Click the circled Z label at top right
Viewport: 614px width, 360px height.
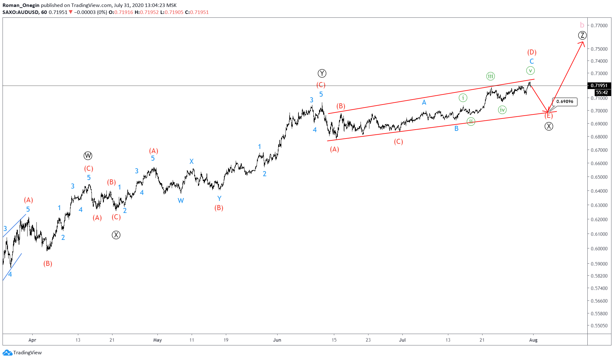582,35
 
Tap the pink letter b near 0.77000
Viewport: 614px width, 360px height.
582,25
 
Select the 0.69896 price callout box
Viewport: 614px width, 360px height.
565,102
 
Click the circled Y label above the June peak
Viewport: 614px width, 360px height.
322,74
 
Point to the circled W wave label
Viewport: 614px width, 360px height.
88,156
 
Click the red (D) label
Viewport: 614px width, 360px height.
532,52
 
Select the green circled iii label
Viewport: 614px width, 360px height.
490,76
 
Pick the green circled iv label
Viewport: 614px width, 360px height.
502,110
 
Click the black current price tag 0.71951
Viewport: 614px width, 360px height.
599,86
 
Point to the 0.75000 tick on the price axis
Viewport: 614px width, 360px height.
599,49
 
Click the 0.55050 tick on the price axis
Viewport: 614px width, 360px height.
599,325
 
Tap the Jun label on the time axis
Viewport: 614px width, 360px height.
277,340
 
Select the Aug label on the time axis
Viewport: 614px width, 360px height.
533,340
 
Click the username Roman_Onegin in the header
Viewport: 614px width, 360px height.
21,5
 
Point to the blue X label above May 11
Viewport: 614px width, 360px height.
191,162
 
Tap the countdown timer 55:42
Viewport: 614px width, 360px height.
601,93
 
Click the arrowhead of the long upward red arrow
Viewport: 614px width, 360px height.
583,43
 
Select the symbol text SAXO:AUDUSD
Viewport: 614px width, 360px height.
21,12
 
